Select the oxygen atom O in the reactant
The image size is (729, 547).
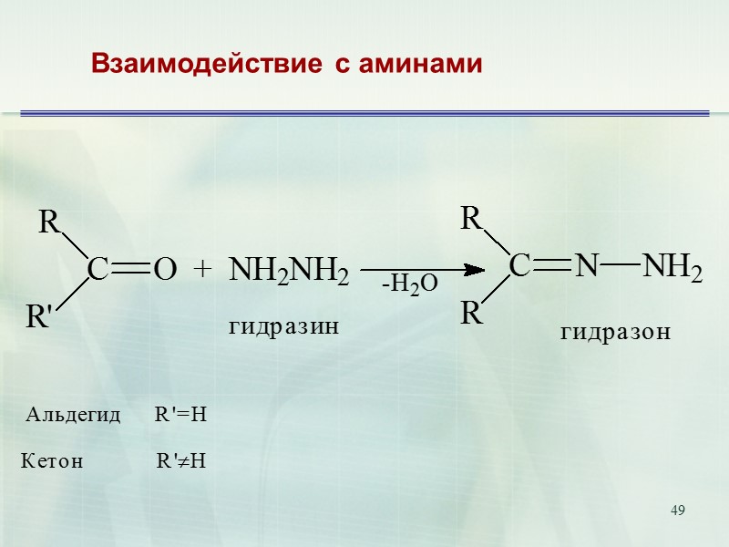tap(164, 270)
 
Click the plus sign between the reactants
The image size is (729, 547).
tap(202, 269)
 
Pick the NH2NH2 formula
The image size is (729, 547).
tap(288, 271)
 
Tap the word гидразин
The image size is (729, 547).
tap(282, 325)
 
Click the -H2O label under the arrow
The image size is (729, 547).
tap(410, 285)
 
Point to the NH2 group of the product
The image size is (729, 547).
tap(673, 267)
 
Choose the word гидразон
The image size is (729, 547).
tap(615, 333)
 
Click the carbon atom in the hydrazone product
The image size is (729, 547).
tap(519, 266)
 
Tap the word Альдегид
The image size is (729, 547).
tap(73, 416)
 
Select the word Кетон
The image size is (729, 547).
tap(52, 461)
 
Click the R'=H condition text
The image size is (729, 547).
tap(181, 416)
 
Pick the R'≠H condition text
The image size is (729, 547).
tap(181, 461)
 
